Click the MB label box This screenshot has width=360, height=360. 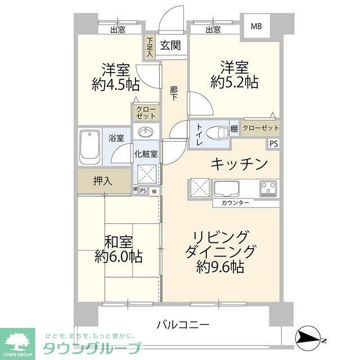[255, 26]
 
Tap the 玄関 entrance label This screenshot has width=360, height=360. [170, 46]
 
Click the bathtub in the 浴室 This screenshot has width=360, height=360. [89, 146]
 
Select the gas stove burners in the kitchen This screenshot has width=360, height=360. [269, 188]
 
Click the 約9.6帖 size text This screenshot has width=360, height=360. [220, 267]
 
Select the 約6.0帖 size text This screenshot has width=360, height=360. [119, 257]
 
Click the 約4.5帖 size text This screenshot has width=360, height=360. [116, 85]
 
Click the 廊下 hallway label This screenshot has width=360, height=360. [174, 92]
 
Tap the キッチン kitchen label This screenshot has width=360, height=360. [238, 164]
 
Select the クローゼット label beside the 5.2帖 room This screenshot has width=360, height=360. [260, 127]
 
